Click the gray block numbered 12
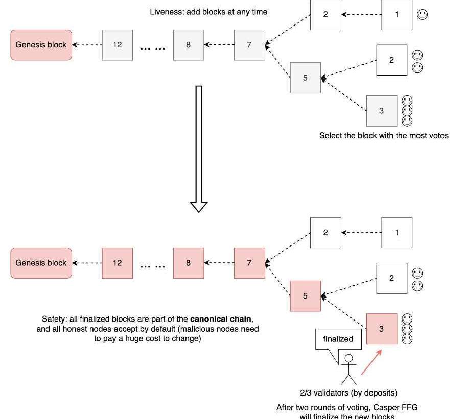(x=117, y=45)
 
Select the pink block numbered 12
(x=117, y=263)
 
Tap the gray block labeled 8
(x=188, y=45)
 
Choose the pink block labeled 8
(x=188, y=263)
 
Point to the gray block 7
(x=249, y=45)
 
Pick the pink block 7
(x=249, y=263)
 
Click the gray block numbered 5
(x=305, y=78)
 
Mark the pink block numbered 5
(x=305, y=296)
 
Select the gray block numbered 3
(x=381, y=111)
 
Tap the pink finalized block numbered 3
(x=381, y=329)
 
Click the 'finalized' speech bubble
(x=338, y=339)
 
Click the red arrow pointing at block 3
(x=371, y=362)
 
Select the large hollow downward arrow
(x=199, y=148)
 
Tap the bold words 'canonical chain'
(x=224, y=319)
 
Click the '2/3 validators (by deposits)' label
(x=348, y=393)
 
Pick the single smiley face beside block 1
(x=422, y=15)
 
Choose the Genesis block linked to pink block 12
(x=41, y=263)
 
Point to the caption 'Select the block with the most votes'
(x=384, y=136)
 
